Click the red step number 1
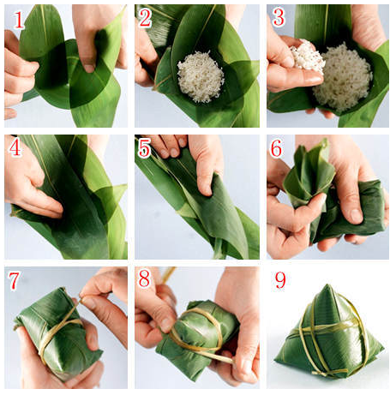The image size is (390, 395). click(19, 20)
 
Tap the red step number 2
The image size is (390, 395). click(146, 18)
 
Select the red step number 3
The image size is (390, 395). click(279, 18)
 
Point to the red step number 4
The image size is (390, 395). click(15, 147)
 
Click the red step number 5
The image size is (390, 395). click(145, 148)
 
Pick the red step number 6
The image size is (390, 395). click(276, 148)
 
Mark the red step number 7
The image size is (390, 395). click(14, 280)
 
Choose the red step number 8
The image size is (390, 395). click(144, 278)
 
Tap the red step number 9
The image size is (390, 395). click(280, 280)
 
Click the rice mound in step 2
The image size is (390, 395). click(201, 76)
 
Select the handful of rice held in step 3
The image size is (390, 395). click(307, 56)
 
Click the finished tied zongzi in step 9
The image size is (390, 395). click(329, 332)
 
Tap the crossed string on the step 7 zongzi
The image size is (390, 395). click(61, 324)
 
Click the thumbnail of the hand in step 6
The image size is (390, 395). click(357, 216)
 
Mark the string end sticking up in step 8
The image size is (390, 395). click(168, 275)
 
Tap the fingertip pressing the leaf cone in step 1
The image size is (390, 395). click(89, 69)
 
